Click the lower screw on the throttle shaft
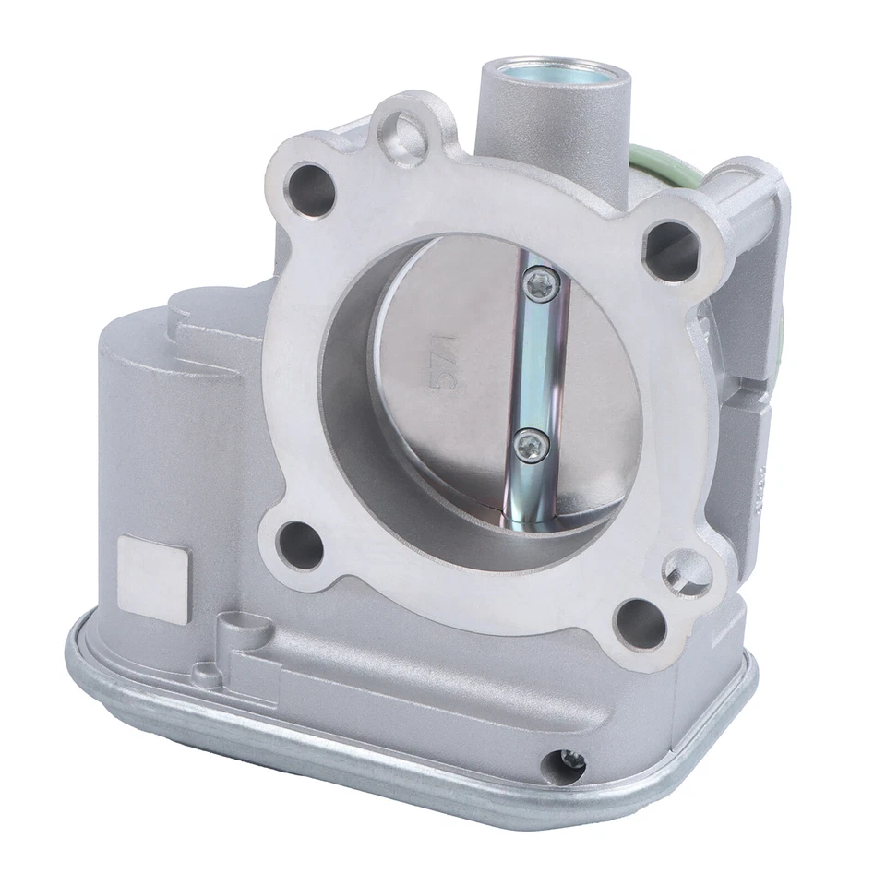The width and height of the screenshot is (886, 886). click(530, 444)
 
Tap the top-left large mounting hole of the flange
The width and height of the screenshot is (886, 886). click(313, 189)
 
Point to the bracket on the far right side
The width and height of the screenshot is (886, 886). click(752, 277)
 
